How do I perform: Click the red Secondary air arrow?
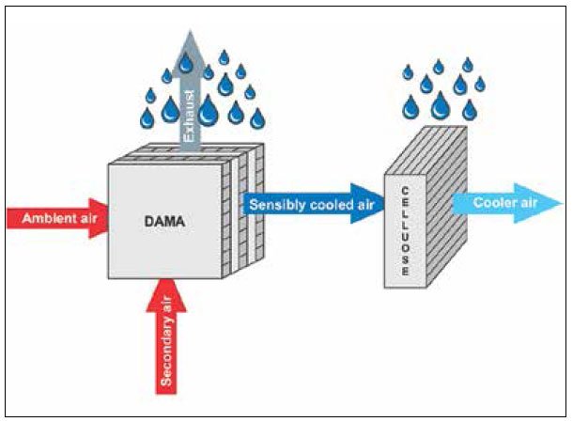pos(168,339)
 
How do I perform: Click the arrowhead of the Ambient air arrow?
pos(101,218)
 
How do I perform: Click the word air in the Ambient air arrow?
pos(83,218)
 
